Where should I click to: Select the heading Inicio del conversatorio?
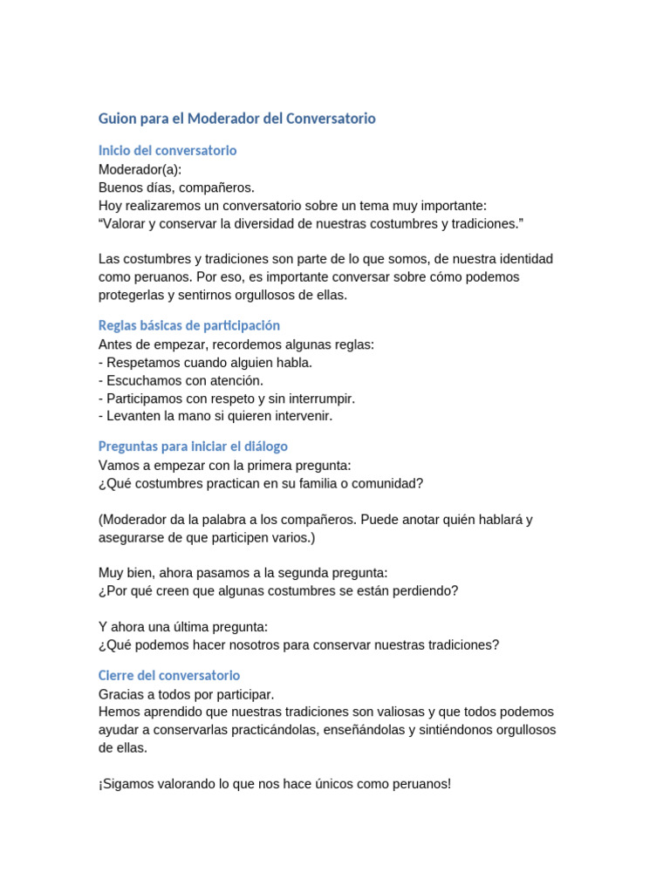tap(167, 151)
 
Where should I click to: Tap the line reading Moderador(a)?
tap(140, 169)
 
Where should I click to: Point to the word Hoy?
tap(111, 206)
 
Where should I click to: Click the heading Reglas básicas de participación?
tap(189, 325)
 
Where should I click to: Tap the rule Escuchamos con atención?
tap(181, 380)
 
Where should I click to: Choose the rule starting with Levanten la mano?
tap(215, 416)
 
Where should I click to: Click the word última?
tap(185, 627)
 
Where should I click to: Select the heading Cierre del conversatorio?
tap(169, 676)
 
